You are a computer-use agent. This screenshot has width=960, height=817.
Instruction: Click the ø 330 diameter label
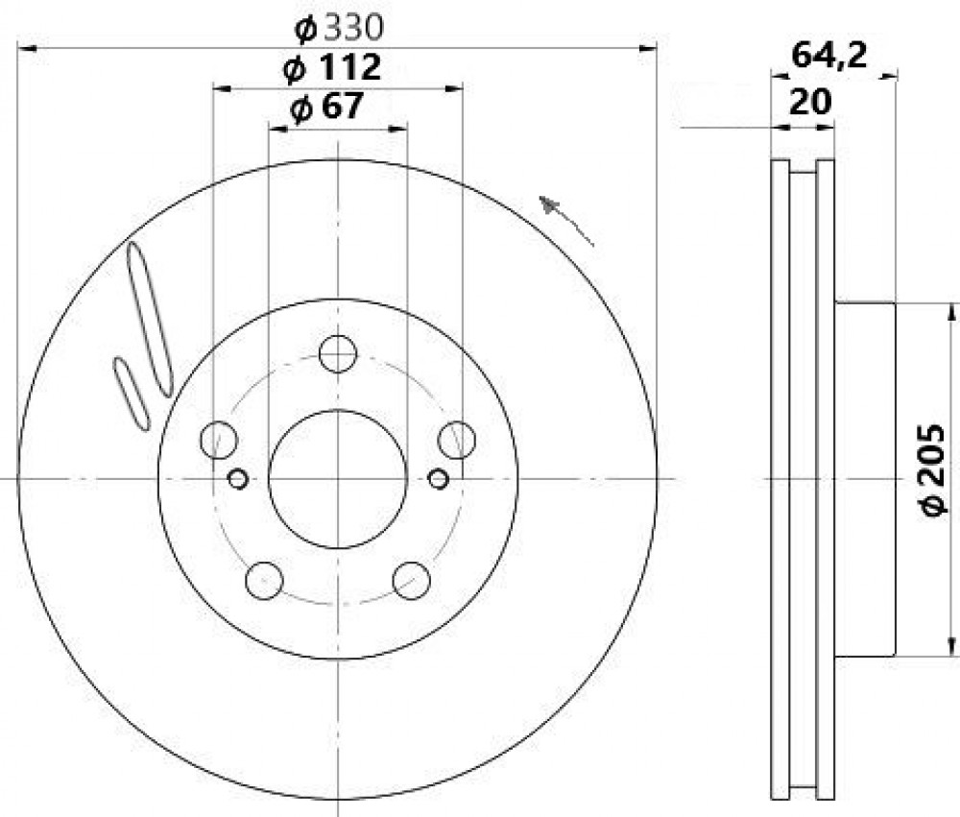pyautogui.click(x=339, y=28)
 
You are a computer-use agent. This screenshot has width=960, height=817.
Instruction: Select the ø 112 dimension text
pyautogui.click(x=332, y=67)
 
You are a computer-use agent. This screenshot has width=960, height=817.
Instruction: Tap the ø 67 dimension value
pyautogui.click(x=326, y=107)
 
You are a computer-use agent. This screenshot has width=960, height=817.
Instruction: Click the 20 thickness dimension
pyautogui.click(x=810, y=102)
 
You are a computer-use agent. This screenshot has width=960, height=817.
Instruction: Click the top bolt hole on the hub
pyautogui.click(x=338, y=353)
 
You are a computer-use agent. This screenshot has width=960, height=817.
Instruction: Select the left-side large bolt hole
pyautogui.click(x=219, y=439)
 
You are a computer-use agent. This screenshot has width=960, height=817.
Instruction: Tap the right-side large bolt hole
pyautogui.click(x=457, y=439)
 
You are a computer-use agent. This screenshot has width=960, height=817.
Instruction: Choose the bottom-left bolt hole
pyautogui.click(x=265, y=580)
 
